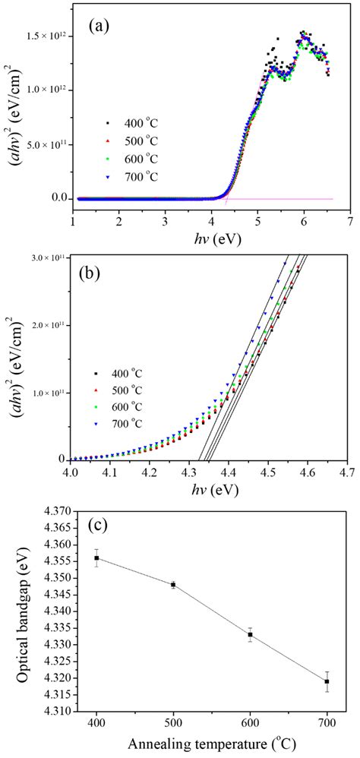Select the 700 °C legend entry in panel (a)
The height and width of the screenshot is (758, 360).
click(131, 178)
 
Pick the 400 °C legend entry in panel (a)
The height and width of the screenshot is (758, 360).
click(131, 124)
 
